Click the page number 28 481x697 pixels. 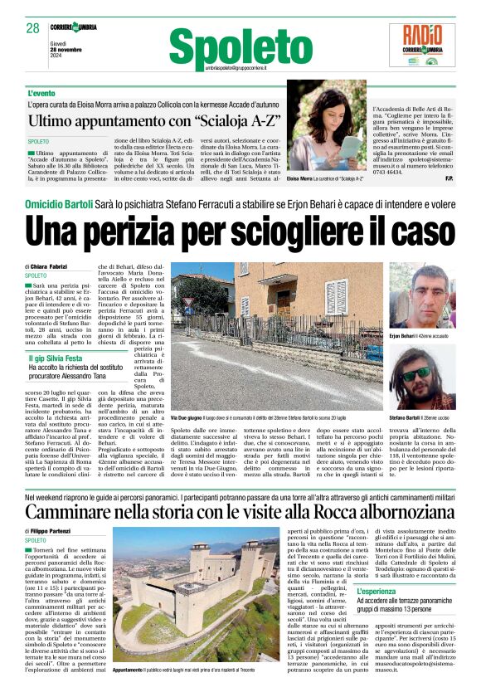point(33,28)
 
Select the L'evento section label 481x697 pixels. point(42,93)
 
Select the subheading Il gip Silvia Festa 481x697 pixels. point(56,358)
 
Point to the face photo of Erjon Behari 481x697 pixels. point(421,295)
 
